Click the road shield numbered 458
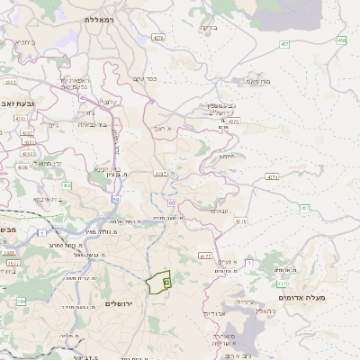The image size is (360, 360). click(342, 40)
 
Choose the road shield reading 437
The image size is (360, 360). click(305, 208)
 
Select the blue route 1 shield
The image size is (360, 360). click(42, 232)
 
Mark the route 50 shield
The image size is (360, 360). click(116, 198)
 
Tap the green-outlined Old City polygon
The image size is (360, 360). click(158, 282)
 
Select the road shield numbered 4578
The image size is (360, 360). click(158, 38)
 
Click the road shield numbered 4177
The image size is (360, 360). click(205, 256)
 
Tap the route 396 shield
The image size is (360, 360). click(20, 301)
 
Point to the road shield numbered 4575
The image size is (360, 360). click(233, 120)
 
